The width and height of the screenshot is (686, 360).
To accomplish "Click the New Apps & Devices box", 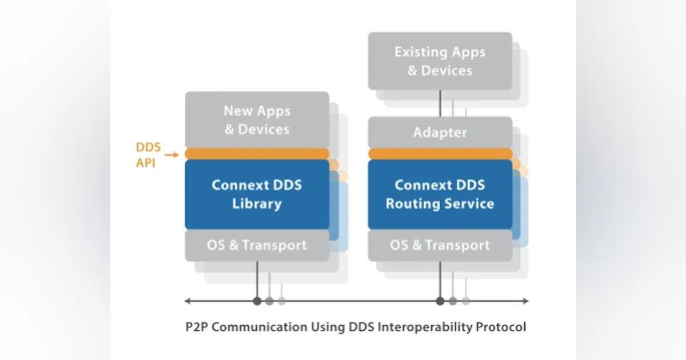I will point(257,120).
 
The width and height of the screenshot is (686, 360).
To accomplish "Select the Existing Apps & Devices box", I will point(440,61).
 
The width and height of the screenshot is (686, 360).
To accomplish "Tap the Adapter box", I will point(440,133).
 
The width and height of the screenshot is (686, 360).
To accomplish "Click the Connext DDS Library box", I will point(257,194).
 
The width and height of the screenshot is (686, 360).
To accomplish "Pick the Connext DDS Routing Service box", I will point(440,194).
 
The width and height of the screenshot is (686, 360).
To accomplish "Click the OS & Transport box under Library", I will point(257,245).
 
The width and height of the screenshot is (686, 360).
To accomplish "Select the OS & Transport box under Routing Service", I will point(440,245).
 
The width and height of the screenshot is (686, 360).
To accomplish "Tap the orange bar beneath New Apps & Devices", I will point(257,154).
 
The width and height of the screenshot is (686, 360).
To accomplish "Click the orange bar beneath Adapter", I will point(440,154).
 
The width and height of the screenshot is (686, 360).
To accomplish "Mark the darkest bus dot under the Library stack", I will point(257,301).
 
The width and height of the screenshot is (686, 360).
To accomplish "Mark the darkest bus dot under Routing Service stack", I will point(440,301).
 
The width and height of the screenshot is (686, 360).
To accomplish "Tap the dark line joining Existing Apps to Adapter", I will point(440,103).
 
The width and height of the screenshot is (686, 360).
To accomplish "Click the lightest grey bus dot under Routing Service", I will point(466,301).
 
